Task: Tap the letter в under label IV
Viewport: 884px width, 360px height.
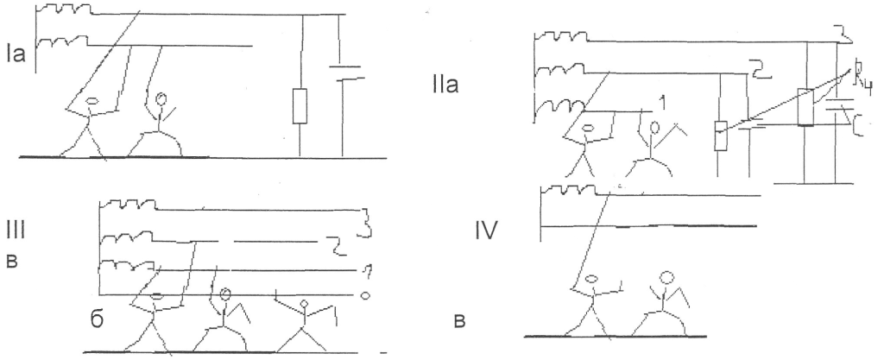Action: click(x=459, y=322)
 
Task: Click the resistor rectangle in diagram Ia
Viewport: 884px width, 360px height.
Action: click(x=300, y=105)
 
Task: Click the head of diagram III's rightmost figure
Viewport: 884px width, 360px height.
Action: click(x=304, y=303)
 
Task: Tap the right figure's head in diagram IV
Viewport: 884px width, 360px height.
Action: click(x=666, y=279)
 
